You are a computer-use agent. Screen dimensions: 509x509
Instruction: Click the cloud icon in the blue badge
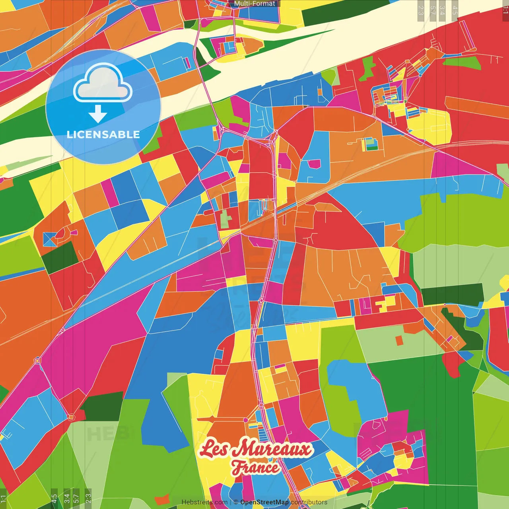pyautogui.click(x=103, y=84)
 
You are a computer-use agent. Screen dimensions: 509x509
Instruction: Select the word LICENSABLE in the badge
pyautogui.click(x=103, y=134)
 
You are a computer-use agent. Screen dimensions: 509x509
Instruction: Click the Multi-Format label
pyautogui.click(x=254, y=4)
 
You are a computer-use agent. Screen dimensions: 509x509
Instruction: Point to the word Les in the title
pyautogui.click(x=214, y=448)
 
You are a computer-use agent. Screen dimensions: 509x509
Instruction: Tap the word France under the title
pyautogui.click(x=256, y=467)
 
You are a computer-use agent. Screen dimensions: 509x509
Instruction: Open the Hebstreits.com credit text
pyautogui.click(x=204, y=502)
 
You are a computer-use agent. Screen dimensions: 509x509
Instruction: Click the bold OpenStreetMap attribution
pyautogui.click(x=264, y=502)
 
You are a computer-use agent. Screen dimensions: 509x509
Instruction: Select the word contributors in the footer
pyautogui.click(x=309, y=502)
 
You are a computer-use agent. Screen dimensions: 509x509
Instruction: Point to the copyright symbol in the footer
pyautogui.click(x=236, y=502)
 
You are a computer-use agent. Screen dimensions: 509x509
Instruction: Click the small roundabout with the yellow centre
pyautogui.click(x=37, y=361)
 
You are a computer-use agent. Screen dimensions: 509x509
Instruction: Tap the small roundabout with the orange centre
pyautogui.click(x=71, y=417)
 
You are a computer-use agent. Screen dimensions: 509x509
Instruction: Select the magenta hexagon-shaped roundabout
pyautogui.click(x=246, y=420)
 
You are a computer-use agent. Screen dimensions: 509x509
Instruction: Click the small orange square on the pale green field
pyautogui.click(x=399, y=340)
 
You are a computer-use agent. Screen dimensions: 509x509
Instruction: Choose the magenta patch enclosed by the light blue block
pyautogui.click(x=314, y=164)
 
